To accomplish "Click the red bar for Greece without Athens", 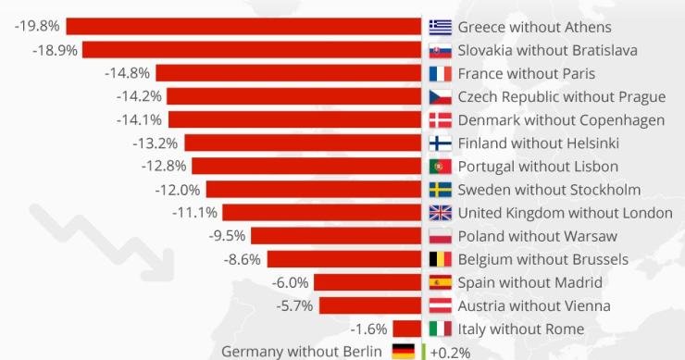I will (244, 26).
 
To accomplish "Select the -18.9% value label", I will (57, 49).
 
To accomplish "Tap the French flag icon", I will (441, 73).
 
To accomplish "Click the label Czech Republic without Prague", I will (561, 96).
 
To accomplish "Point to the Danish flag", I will (441, 119).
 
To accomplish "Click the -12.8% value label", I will (164, 166).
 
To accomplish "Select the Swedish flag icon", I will (441, 190).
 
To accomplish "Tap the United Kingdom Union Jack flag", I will (441, 213).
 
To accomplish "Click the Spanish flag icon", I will (441, 282).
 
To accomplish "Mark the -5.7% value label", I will (294, 305).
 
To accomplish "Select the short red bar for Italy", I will (407, 329).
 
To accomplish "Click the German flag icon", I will (403, 351).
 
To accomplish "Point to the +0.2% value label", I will (450, 352).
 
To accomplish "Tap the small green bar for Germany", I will (423, 352).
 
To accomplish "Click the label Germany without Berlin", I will (301, 351).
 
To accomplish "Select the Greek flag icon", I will (441, 26).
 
